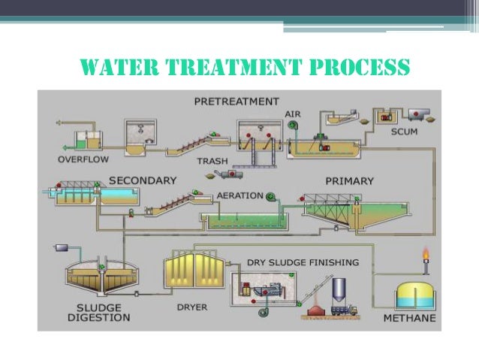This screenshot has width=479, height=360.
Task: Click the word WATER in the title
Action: pos(112,68)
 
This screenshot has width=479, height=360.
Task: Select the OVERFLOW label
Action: pos(83,159)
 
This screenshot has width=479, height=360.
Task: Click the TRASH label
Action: pos(212,161)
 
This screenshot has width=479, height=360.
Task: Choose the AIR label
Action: pos(293,113)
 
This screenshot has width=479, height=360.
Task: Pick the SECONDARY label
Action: pos(143,180)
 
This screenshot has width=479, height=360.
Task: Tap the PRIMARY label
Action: pos(349,181)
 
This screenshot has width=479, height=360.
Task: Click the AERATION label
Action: pos(239,195)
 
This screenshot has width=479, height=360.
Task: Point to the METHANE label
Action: pos(409,318)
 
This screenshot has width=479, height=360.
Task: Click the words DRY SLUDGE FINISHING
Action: pos(303,262)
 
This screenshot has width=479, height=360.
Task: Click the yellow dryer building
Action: pos(188,274)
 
